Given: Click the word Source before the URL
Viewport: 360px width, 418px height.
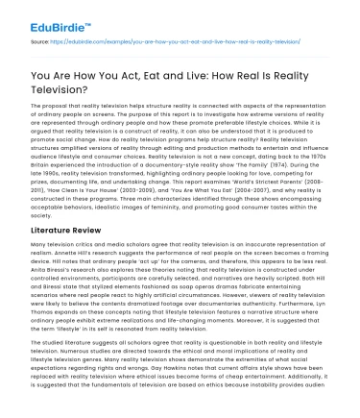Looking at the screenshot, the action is (x=41, y=43).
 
